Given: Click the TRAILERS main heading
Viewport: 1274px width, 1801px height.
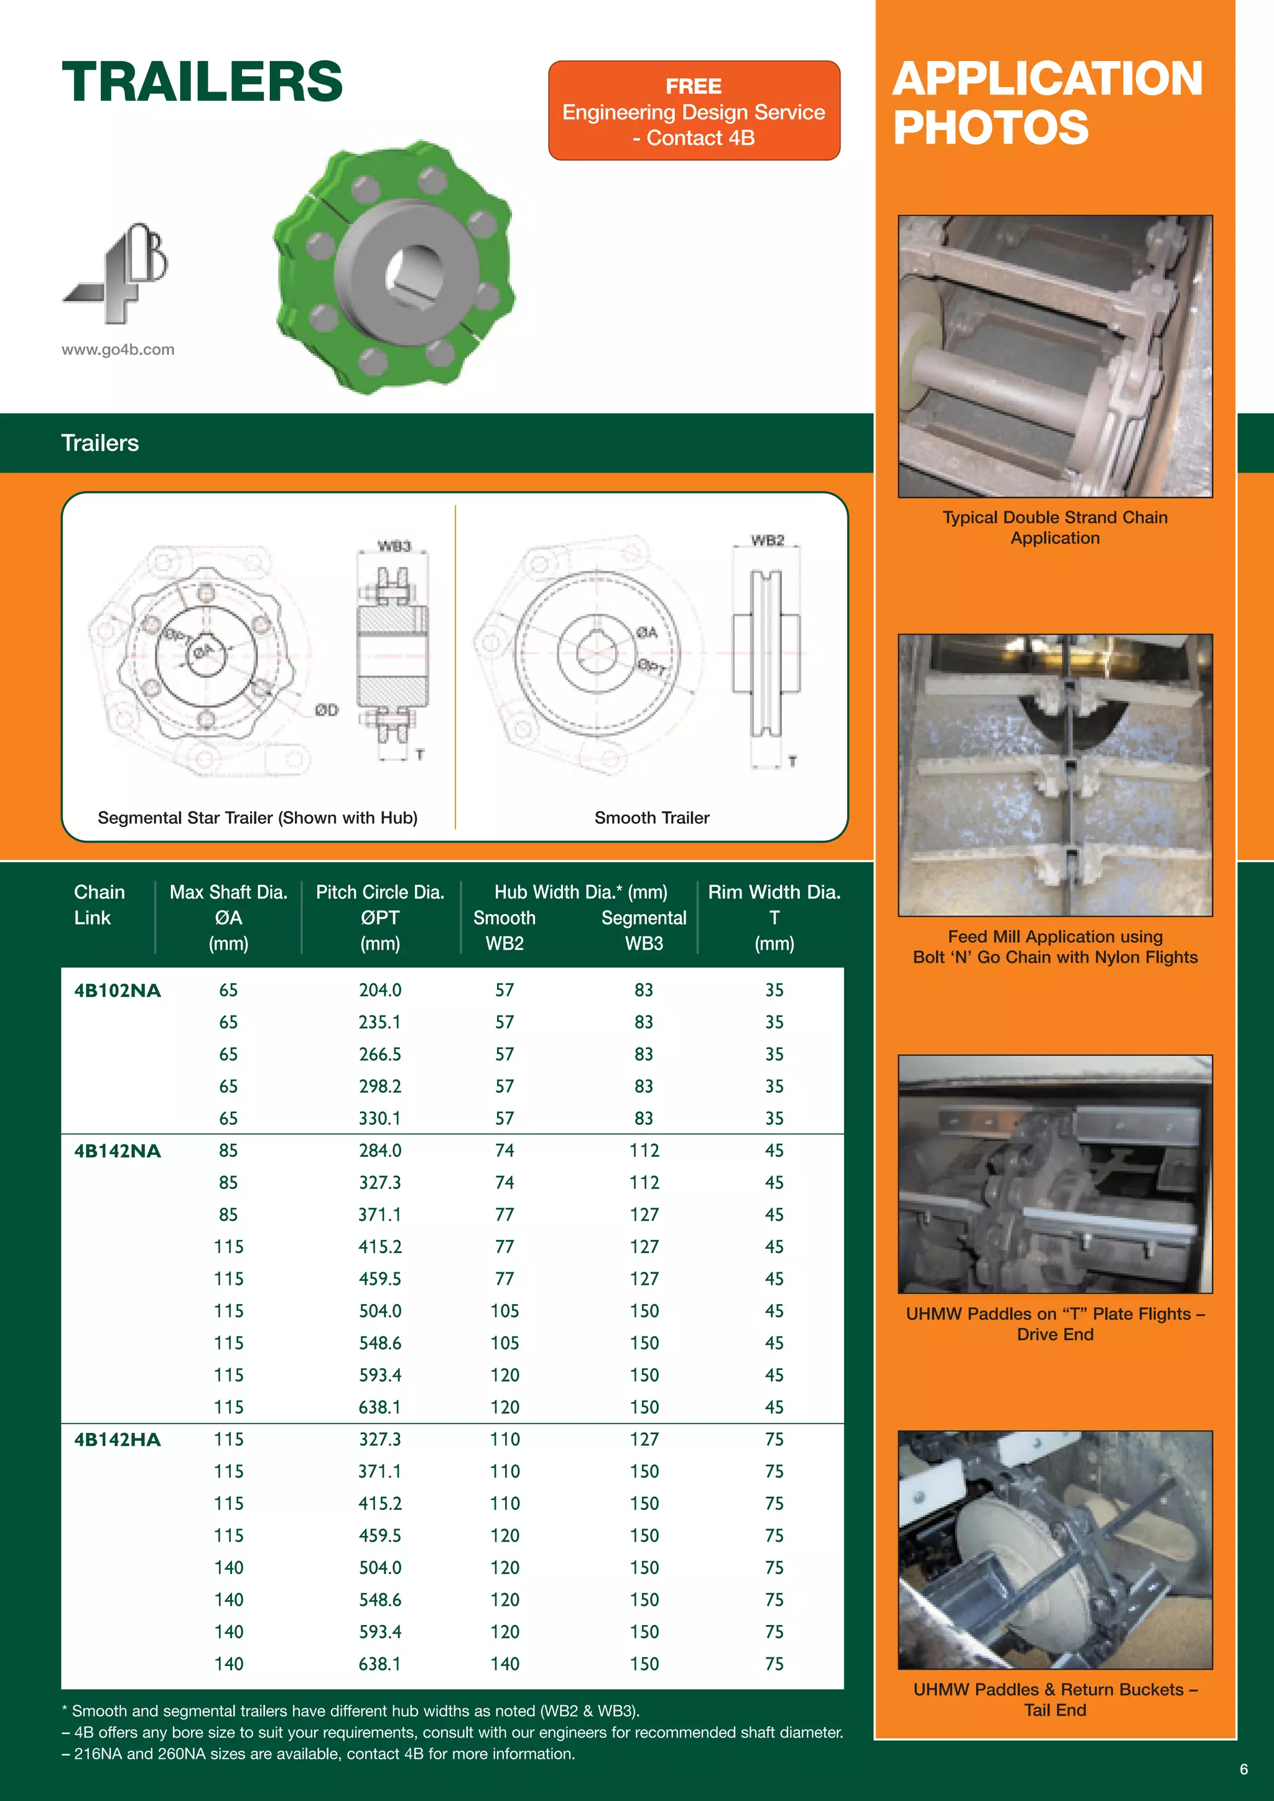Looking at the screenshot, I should coord(202,81).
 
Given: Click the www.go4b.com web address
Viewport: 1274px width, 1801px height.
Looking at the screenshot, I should coord(118,350).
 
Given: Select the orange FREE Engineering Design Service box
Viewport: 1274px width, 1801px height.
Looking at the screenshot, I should coord(694,111).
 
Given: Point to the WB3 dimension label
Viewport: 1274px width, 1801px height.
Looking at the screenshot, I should coord(393,545).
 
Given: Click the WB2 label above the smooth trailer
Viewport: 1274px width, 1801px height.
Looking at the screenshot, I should coord(766,540).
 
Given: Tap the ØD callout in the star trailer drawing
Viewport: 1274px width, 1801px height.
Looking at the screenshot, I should coord(327,710).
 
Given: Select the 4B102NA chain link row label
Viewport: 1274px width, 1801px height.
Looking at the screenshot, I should coord(117,991).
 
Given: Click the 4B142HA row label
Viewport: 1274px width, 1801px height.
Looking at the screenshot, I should coord(117,1440).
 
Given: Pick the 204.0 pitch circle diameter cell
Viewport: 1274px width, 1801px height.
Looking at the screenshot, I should coord(379,991).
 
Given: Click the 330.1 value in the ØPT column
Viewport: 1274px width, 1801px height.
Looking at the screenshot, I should coord(379,1119).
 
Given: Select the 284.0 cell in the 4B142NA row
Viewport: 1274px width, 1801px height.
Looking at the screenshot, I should coord(379,1151).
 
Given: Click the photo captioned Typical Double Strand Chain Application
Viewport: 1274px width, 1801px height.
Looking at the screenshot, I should coord(1054,356).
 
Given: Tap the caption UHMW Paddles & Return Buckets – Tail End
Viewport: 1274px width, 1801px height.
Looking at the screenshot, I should coord(1054,1700).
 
